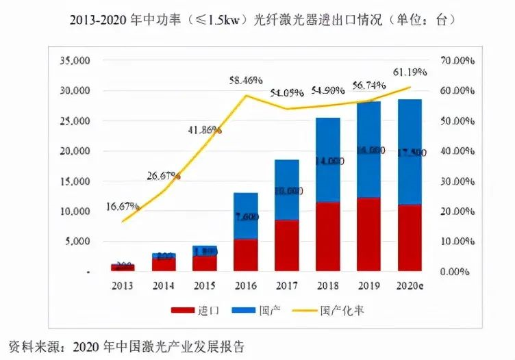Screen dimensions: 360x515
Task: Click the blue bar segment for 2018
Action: (328, 160)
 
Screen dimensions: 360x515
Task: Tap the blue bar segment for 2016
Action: (246, 216)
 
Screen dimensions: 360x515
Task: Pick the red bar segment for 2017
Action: (287, 245)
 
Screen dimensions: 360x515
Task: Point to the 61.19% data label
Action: (410, 71)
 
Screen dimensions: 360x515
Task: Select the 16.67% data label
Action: (123, 205)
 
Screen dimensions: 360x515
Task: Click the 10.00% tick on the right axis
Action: (459, 242)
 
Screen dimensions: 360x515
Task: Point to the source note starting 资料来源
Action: (126, 346)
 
